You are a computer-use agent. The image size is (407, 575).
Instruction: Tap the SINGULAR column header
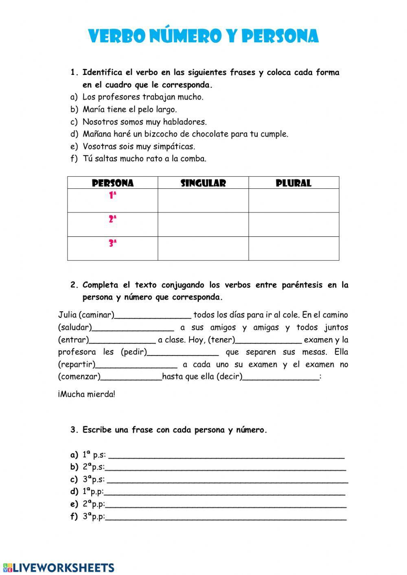[203, 183]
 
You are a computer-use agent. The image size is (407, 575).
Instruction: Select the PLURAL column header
[293, 183]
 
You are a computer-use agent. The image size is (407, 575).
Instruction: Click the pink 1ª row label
[113, 196]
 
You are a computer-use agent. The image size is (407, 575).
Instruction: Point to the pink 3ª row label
[113, 244]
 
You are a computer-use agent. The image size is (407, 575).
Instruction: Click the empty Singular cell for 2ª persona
[203, 225]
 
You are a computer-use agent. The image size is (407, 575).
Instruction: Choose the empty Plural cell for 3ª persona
[293, 249]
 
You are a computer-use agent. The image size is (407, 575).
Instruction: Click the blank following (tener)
[269, 340]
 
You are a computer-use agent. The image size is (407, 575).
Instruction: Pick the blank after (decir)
[281, 377]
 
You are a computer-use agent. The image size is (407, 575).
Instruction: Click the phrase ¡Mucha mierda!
[87, 394]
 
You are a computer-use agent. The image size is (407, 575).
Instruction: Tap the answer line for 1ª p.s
[226, 455]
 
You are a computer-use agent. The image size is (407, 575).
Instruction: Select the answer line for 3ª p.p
[226, 518]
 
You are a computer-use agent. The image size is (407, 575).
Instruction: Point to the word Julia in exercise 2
[67, 315]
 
